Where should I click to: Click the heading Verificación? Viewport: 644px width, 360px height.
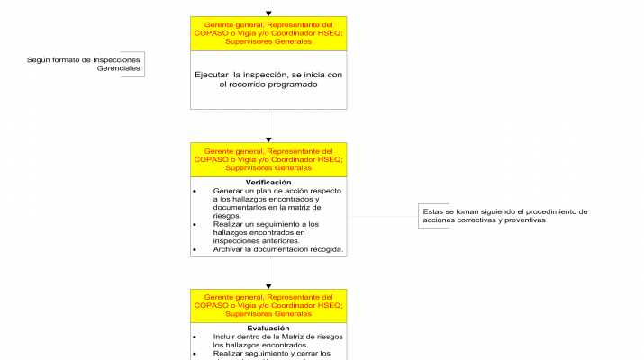pyautogui.click(x=268, y=183)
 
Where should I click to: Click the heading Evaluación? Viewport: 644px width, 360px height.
pyautogui.click(x=268, y=328)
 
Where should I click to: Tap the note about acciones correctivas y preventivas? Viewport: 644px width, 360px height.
pyautogui.click(x=507, y=216)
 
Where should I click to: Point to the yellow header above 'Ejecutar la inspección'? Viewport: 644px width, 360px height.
pyautogui.click(x=268, y=33)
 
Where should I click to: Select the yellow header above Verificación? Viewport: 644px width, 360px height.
pyautogui.click(x=268, y=159)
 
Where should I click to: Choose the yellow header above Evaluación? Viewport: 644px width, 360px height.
pyautogui.click(x=268, y=305)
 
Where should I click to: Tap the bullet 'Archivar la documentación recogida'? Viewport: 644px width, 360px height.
pyautogui.click(x=277, y=249)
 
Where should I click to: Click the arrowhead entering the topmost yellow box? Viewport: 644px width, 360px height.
pyautogui.click(x=268, y=13)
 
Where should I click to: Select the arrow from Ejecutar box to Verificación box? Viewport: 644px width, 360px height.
pyautogui.click(x=268, y=125)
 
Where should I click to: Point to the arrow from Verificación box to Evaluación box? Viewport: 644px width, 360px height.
pyautogui.click(x=268, y=272)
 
